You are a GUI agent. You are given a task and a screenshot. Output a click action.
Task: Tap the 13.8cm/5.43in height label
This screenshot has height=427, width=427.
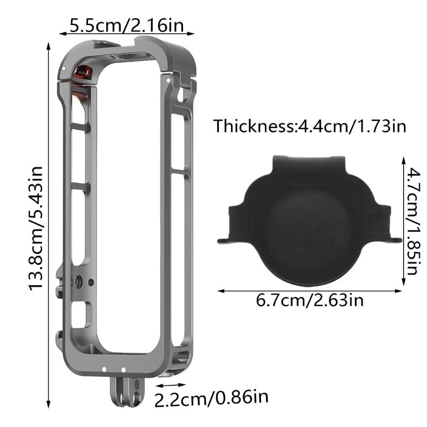[x=36, y=228]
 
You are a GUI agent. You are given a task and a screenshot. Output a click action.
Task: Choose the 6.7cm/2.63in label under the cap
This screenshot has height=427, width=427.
[x=310, y=301]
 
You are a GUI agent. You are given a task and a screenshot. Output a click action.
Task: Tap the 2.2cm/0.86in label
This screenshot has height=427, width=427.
[x=211, y=398]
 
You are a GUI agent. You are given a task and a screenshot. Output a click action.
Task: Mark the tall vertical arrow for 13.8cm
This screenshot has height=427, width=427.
[x=49, y=224]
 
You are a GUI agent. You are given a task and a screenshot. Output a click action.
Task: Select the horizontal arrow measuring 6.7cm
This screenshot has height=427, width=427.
[x=310, y=291]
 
